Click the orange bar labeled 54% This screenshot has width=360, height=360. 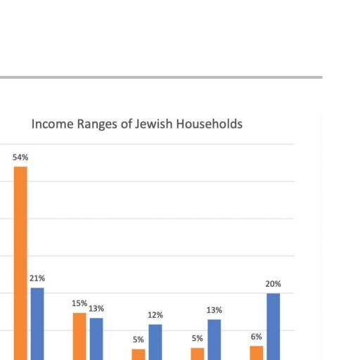(x=20, y=263)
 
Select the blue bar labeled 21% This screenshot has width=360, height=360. (x=37, y=324)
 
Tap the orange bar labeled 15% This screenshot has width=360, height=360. (x=79, y=336)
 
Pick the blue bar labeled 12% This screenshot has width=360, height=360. (x=155, y=342)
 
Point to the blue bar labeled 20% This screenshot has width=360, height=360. (x=274, y=327)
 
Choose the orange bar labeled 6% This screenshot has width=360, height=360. (x=257, y=353)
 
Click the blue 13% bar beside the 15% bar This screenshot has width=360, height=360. (x=96, y=339)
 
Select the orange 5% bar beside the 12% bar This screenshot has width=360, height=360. (x=139, y=354)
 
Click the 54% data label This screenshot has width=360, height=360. (x=20, y=157)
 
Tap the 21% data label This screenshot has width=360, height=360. (x=37, y=278)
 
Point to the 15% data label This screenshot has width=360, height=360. (x=79, y=303)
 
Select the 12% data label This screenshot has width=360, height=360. (x=155, y=315)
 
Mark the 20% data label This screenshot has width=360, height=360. (x=274, y=284)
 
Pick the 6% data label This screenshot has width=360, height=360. (x=257, y=337)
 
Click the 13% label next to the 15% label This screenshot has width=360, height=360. (x=96, y=309)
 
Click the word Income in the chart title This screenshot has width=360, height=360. (x=52, y=124)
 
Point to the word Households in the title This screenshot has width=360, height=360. (x=210, y=124)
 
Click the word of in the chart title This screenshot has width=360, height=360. (x=126, y=124)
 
